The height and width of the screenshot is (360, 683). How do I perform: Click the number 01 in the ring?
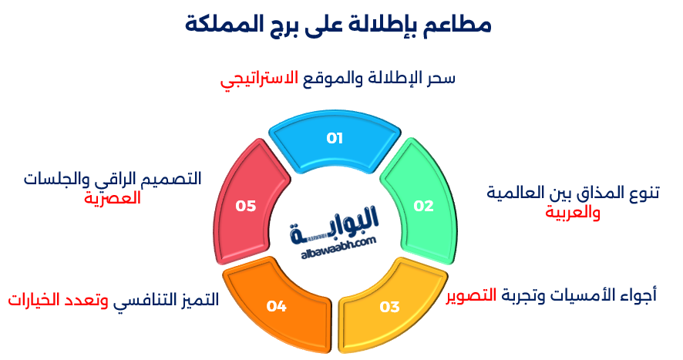[334, 139]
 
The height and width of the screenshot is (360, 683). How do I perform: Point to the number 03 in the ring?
[390, 307]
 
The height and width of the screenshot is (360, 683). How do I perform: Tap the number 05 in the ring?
[246, 206]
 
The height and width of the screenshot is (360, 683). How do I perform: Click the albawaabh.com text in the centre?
[334, 242]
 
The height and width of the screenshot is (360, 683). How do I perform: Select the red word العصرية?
[113, 198]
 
